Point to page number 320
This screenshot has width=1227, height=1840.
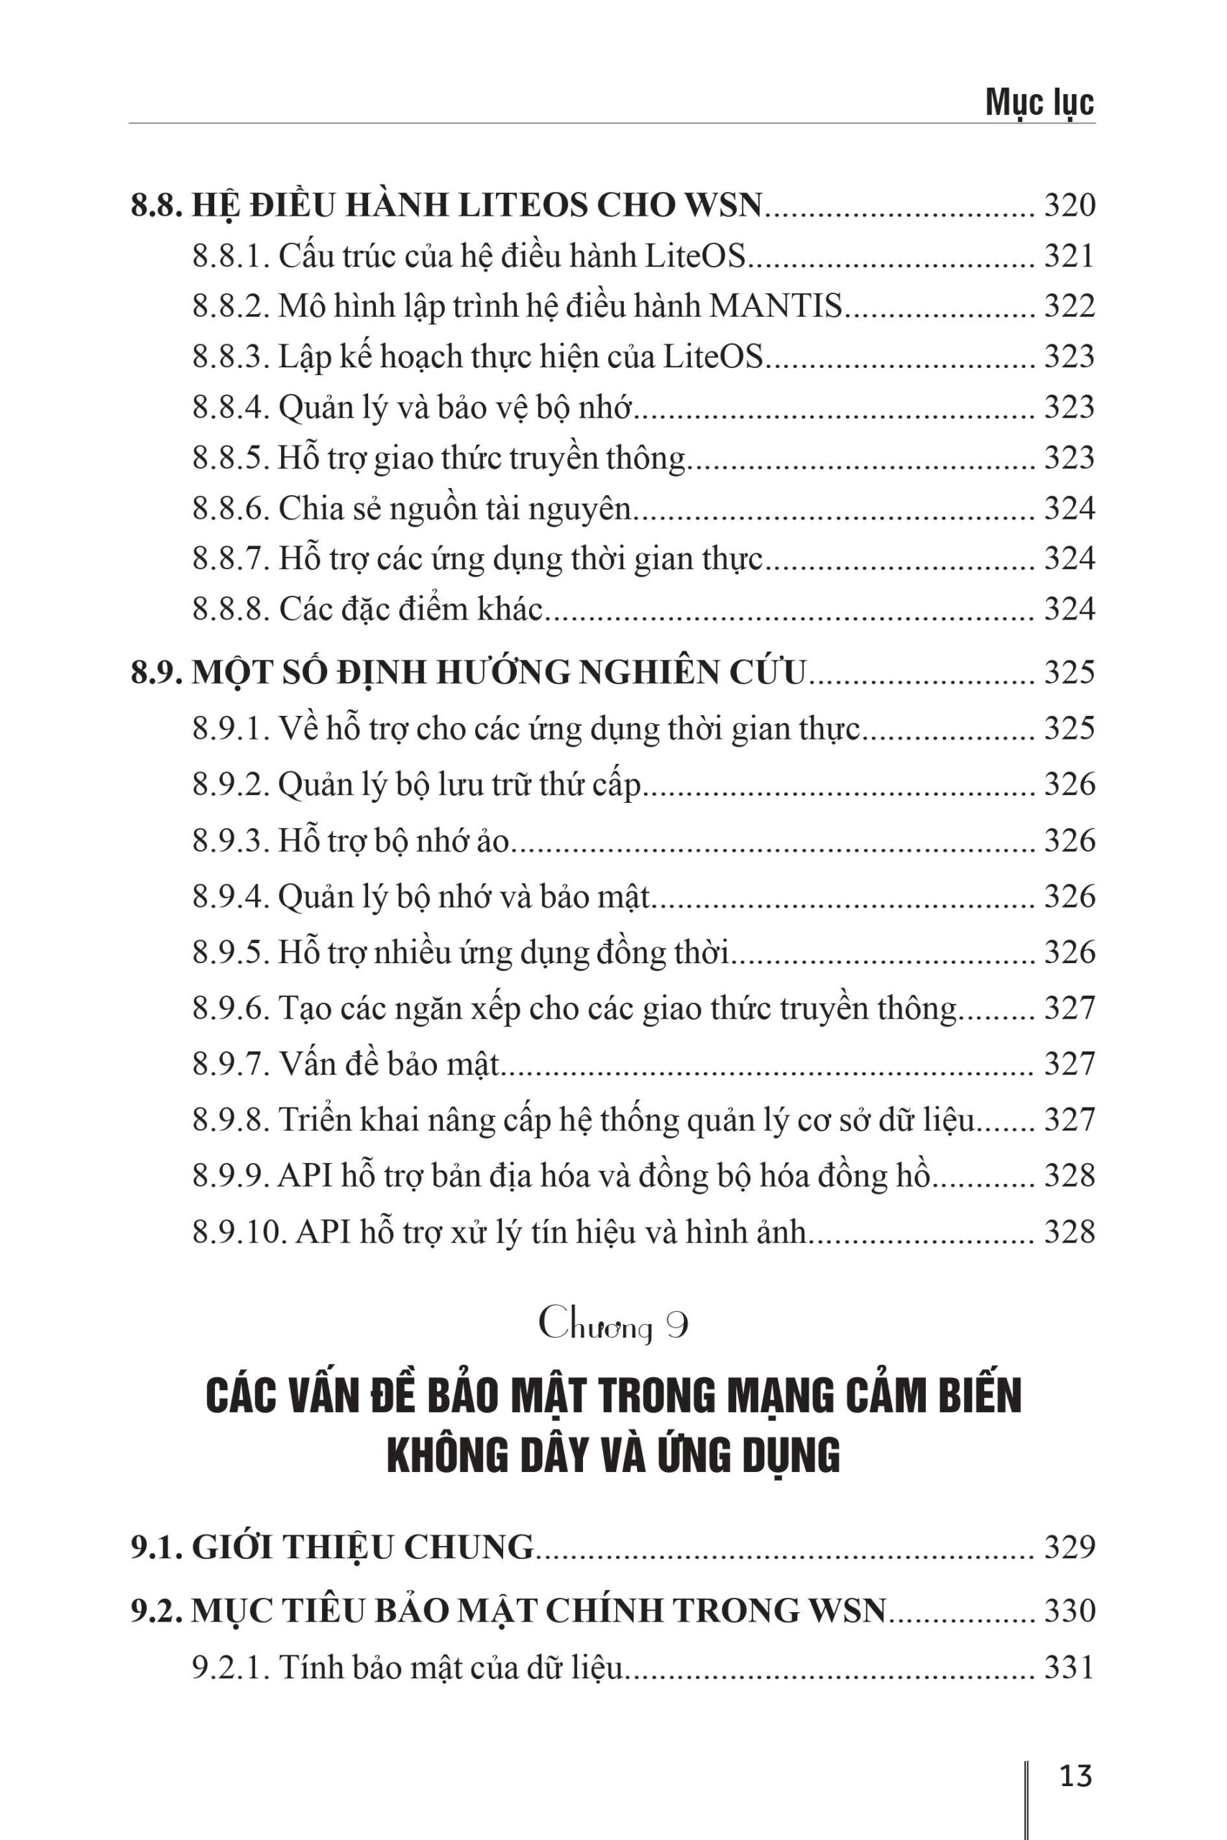coord(1069,205)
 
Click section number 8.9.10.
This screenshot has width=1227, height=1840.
coord(240,1232)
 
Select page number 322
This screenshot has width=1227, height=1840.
coord(1069,306)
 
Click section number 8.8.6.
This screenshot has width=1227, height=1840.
coord(231,508)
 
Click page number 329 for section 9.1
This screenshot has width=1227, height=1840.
coord(1069,1547)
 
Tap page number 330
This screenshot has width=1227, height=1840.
coord(1069,1610)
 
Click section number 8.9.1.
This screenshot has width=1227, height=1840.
coord(231,728)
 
